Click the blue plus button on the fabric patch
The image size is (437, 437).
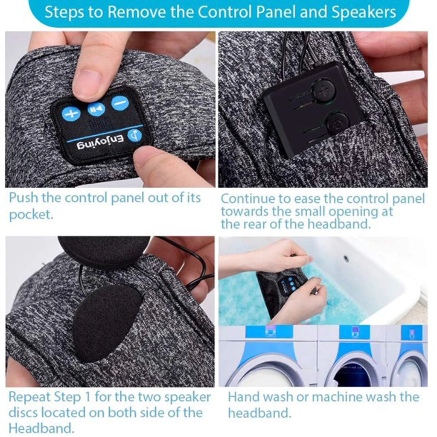(x=71, y=114)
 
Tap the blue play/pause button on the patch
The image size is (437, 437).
(x=96, y=109)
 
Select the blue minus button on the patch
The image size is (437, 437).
(x=120, y=103)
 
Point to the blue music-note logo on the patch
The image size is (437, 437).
(x=135, y=136)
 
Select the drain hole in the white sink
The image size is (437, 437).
(x=346, y=258)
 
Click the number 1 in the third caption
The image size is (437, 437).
(x=87, y=396)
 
